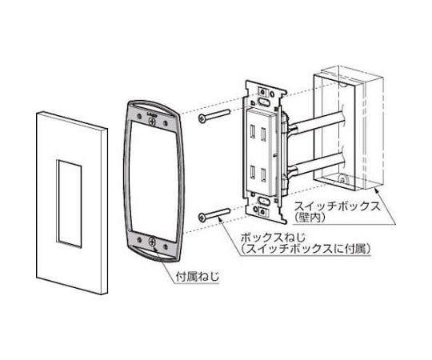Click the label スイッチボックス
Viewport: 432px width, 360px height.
point(338,206)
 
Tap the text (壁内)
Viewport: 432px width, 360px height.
point(308,218)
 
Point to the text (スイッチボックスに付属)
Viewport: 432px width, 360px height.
point(305,249)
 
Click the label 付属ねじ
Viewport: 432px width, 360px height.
point(198,276)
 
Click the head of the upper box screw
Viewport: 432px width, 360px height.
point(202,118)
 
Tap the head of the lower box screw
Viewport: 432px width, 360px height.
point(202,218)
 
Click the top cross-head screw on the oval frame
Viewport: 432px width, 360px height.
point(152,121)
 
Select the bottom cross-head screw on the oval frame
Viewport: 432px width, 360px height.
point(152,242)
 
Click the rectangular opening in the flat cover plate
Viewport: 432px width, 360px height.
point(69,203)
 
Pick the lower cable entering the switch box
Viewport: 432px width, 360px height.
point(314,166)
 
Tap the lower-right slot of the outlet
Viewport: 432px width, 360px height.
point(263,174)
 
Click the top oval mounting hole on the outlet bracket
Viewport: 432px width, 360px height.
point(262,102)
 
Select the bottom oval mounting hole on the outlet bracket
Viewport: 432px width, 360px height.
point(262,201)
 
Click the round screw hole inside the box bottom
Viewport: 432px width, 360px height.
point(342,180)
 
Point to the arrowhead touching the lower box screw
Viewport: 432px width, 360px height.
point(219,218)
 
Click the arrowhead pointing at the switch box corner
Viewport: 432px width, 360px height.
point(378,190)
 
